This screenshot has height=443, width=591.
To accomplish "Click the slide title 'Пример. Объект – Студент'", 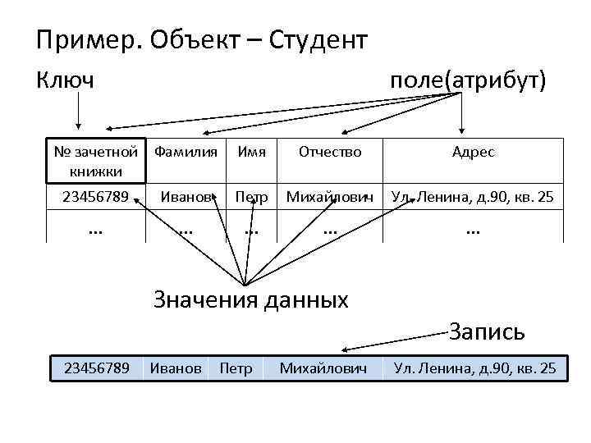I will (x=202, y=39).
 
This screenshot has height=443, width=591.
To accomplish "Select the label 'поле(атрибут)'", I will (x=468, y=80).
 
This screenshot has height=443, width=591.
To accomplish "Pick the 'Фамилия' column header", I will (x=186, y=152).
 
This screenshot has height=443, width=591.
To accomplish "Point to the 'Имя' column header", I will (x=250, y=152).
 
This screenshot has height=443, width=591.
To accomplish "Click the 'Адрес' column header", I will (x=473, y=152).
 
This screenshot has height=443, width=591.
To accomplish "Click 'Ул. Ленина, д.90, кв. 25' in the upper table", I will (x=473, y=198).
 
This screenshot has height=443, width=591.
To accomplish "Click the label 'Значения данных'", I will (x=251, y=299).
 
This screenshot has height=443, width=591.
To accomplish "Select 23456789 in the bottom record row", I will (x=96, y=369).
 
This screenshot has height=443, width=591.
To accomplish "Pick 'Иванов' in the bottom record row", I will (x=176, y=369).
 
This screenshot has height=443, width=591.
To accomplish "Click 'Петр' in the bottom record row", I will (x=236, y=369).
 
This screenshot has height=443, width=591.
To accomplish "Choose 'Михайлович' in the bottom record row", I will (x=323, y=369).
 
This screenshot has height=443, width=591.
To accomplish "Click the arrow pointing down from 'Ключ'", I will (x=79, y=111).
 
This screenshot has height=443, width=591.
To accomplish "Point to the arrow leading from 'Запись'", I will (x=394, y=341).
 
